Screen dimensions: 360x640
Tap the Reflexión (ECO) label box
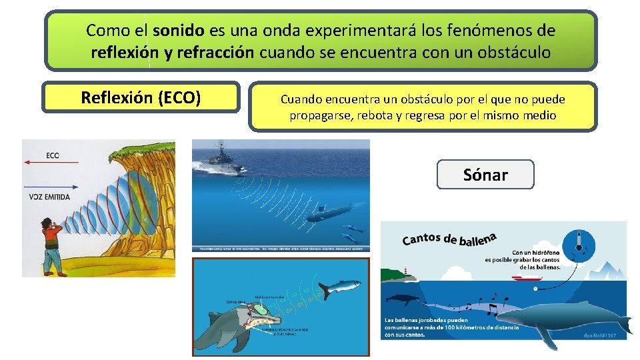point(141,97)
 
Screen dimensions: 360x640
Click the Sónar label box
point(485,175)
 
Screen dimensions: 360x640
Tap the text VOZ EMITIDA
point(50,198)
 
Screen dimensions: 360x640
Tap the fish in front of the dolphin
point(339,287)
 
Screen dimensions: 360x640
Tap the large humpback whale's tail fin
point(621,324)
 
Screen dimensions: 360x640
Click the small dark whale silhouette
point(403,300)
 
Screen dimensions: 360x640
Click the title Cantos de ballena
point(450,238)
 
